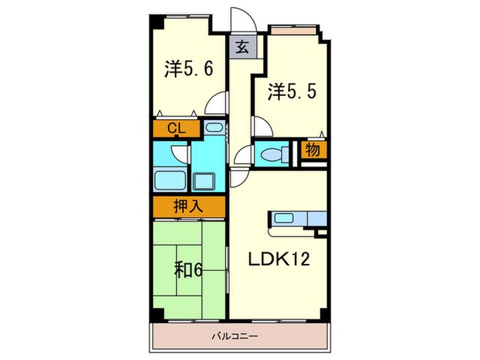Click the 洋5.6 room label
tap(189, 69)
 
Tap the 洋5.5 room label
tap(291, 91)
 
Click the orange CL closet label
tap(175, 128)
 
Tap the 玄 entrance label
tap(242, 47)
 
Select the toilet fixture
tap(274, 154)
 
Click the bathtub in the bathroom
tap(170, 181)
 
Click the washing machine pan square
tap(206, 182)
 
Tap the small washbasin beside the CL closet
tap(213, 128)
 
